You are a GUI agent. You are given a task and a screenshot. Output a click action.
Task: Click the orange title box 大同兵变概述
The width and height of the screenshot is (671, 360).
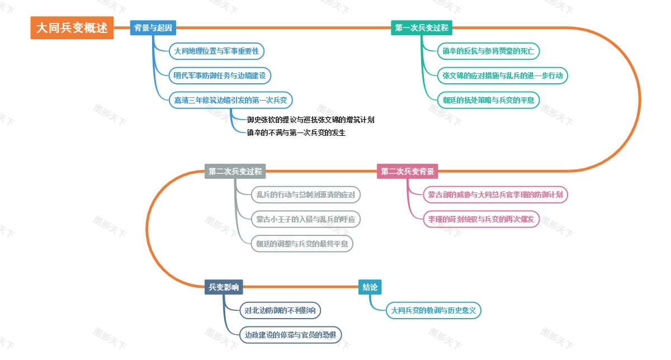click(72, 28)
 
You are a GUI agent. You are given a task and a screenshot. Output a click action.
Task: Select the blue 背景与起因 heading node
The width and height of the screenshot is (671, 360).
click(153, 28)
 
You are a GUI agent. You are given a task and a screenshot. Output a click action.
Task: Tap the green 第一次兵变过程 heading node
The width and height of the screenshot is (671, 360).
click(422, 28)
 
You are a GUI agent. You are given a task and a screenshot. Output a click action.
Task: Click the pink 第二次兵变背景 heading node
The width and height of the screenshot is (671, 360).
click(408, 172)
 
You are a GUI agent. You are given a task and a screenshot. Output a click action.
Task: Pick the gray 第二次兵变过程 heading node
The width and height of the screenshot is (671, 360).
click(235, 172)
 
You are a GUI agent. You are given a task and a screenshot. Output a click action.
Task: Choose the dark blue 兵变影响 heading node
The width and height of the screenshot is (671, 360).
click(224, 287)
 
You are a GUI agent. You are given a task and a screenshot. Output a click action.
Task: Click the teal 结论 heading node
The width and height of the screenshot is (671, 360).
click(370, 287)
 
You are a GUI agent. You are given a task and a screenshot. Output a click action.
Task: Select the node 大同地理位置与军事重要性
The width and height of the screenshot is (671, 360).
click(216, 51)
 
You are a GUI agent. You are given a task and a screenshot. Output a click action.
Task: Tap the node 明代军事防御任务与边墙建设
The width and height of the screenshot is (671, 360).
click(222, 75)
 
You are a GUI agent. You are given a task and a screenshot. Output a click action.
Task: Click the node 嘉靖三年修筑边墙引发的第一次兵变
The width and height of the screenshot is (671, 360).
click(231, 100)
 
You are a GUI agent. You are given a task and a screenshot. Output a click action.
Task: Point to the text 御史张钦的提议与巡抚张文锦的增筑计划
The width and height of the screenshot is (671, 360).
click(310, 120)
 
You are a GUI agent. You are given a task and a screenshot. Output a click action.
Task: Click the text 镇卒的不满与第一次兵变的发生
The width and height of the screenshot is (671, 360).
click(296, 132)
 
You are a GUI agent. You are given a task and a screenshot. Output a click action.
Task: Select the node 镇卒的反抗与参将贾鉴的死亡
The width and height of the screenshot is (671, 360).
click(488, 51)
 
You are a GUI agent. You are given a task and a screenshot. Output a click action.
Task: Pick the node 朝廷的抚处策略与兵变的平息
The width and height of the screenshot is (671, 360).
click(488, 100)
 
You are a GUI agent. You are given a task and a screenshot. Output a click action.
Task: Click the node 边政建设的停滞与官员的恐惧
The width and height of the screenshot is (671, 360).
click(290, 335)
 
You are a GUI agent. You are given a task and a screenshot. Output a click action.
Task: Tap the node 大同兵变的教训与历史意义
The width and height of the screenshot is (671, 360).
click(433, 310)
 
